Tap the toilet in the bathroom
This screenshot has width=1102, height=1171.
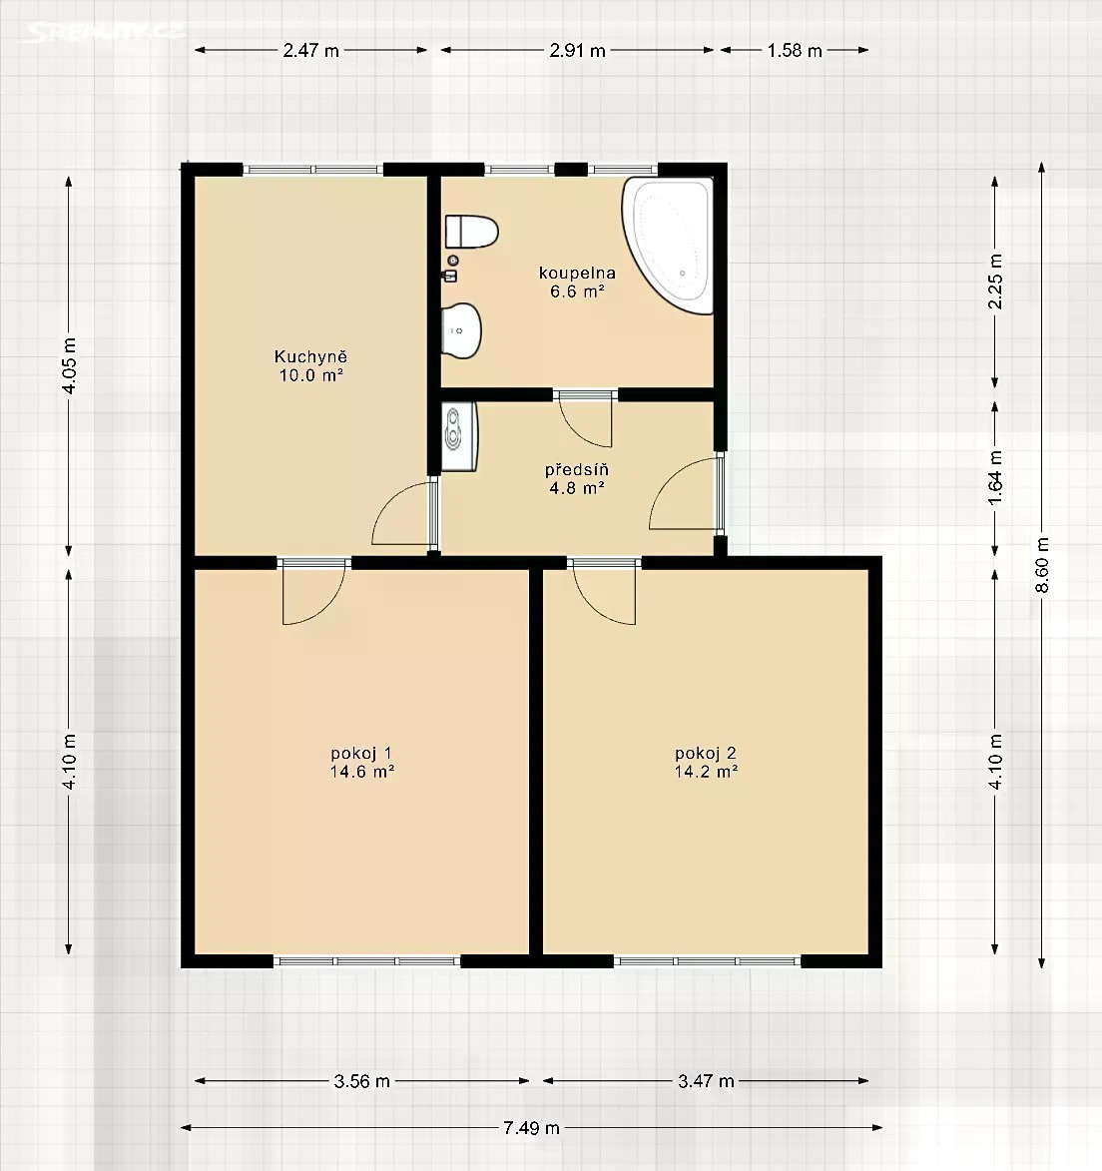pyautogui.click(x=471, y=232)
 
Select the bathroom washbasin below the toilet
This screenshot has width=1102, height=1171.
pyautogui.click(x=460, y=330)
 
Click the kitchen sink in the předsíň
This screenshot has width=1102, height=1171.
pyautogui.click(x=458, y=437)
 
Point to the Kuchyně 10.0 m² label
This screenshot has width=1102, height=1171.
pyautogui.click(x=311, y=366)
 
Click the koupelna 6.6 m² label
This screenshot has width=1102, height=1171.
pyautogui.click(x=577, y=283)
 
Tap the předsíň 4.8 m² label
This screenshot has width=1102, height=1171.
pyautogui.click(x=576, y=479)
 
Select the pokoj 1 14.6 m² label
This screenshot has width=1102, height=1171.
pyautogui.click(x=362, y=763)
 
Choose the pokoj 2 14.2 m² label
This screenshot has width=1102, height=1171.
pyautogui.click(x=707, y=763)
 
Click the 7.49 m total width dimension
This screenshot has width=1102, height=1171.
pyautogui.click(x=532, y=1128)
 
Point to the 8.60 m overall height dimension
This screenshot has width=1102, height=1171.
pyautogui.click(x=1042, y=565)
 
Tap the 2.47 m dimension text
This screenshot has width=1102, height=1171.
pyautogui.click(x=310, y=51)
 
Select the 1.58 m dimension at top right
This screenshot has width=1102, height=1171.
pyautogui.click(x=795, y=51)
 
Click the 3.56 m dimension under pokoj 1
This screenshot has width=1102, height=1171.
pyautogui.click(x=362, y=1081)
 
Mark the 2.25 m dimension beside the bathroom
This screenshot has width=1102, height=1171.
pyautogui.click(x=995, y=283)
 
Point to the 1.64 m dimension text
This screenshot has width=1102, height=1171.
pyautogui.click(x=995, y=478)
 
